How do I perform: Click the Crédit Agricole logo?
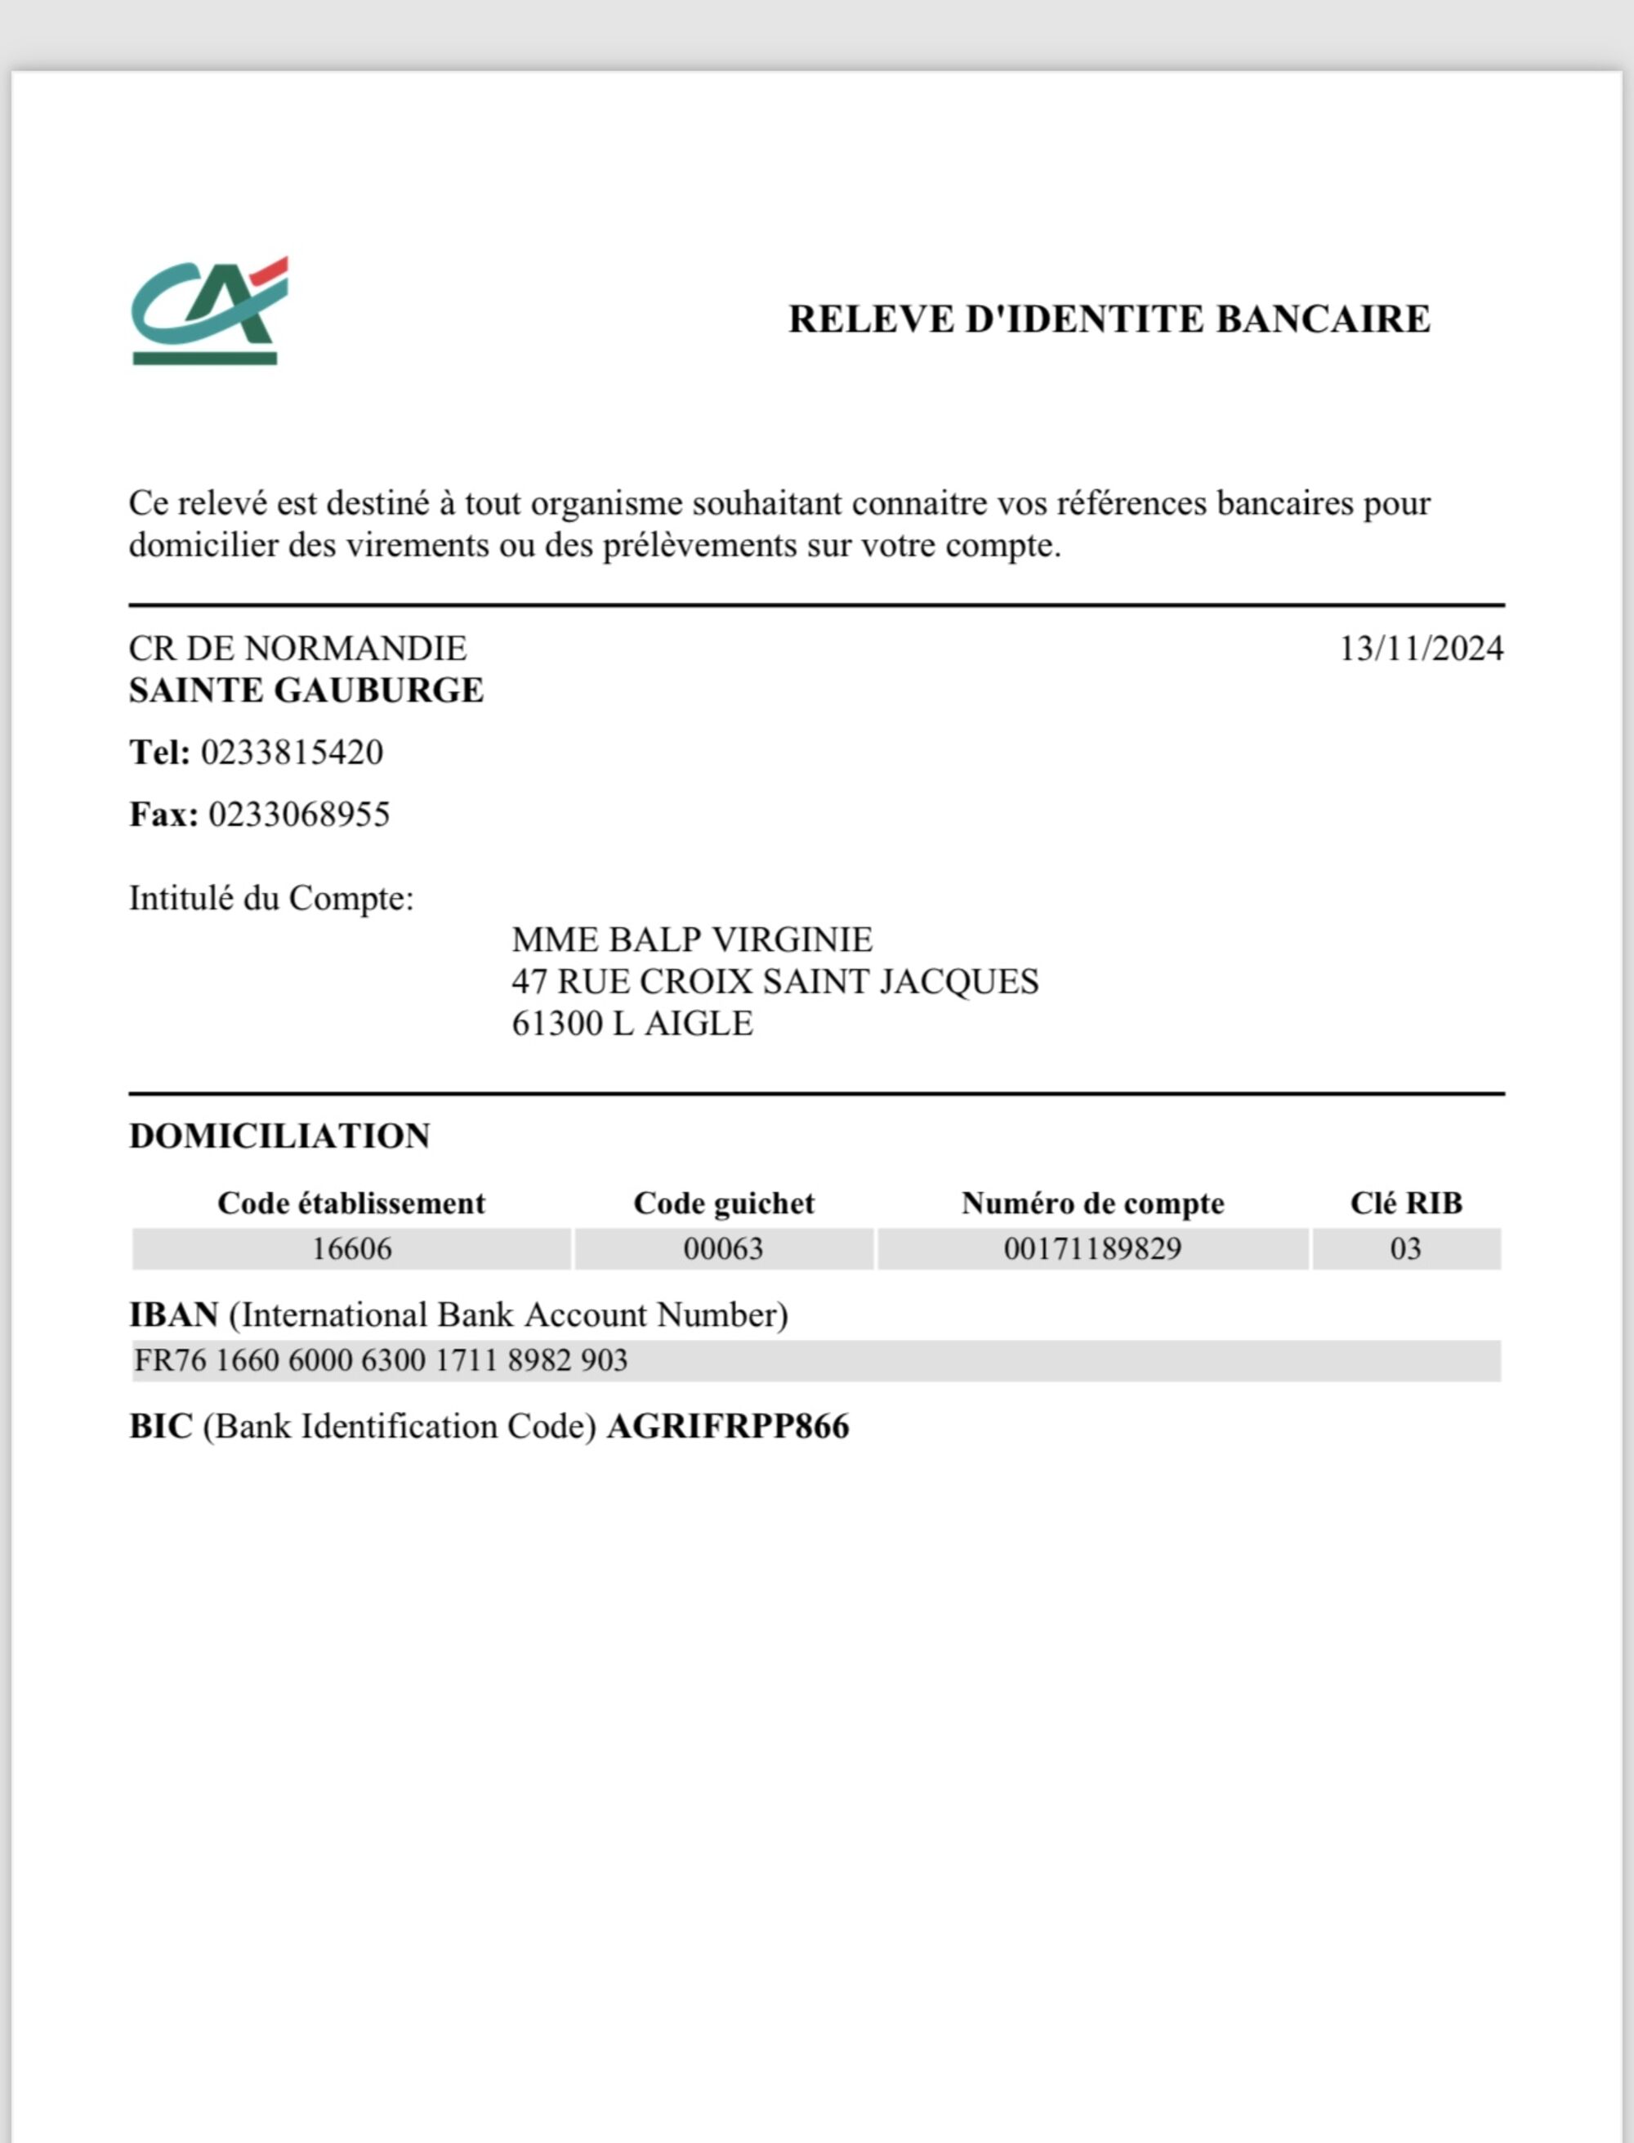click(x=209, y=311)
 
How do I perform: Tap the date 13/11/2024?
click(x=1421, y=649)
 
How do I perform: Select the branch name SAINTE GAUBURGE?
click(x=306, y=690)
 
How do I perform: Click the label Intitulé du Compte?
click(x=271, y=898)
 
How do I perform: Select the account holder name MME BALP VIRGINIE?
click(x=691, y=940)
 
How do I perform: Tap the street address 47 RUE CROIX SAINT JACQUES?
click(x=775, y=981)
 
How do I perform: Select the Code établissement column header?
click(x=351, y=1203)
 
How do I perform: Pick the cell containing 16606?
click(x=351, y=1249)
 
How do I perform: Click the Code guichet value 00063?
click(x=723, y=1249)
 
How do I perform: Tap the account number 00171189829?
click(x=1092, y=1249)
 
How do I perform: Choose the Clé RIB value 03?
click(x=1405, y=1249)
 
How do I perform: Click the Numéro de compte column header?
click(x=1092, y=1203)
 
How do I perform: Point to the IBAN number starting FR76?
click(x=380, y=1360)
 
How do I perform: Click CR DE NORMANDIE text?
click(x=297, y=649)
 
